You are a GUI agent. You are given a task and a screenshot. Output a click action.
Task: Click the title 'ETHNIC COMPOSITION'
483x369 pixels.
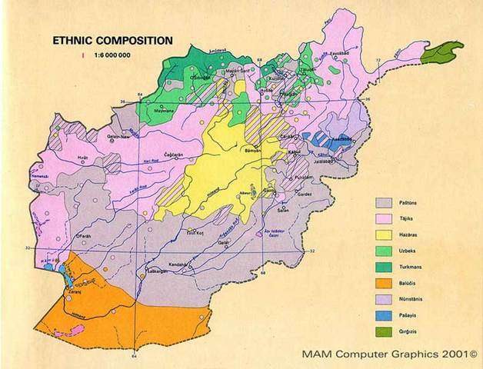point(111,40)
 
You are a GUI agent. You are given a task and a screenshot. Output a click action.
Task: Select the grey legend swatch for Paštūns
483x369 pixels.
point(384,202)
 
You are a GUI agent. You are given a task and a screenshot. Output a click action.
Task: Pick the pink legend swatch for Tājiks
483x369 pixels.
point(384,218)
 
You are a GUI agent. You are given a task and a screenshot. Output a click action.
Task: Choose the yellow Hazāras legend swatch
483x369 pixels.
point(384,234)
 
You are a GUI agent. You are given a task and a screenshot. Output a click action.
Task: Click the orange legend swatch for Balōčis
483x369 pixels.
point(384,281)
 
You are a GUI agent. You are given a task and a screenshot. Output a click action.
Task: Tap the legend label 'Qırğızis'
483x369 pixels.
point(421,331)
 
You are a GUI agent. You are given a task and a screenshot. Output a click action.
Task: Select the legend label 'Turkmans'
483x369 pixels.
point(421,266)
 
